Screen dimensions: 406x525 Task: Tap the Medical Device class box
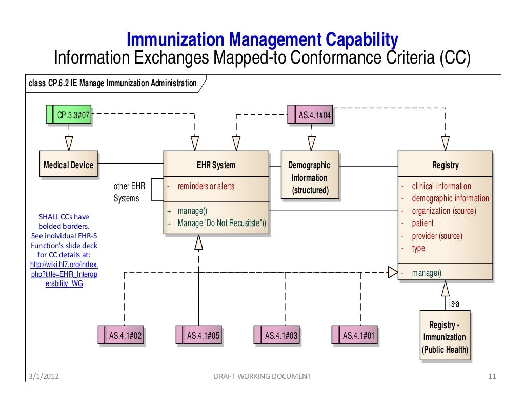click(x=68, y=165)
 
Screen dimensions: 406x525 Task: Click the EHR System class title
click(x=216, y=165)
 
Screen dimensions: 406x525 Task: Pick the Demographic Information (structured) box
click(x=310, y=178)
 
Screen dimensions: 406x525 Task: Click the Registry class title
click(x=445, y=165)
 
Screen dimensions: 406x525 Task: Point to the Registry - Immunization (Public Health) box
click(x=445, y=337)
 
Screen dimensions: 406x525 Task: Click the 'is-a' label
click(x=454, y=303)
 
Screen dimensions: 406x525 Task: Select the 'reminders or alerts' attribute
click(x=206, y=186)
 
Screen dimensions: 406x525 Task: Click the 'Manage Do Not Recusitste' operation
click(x=222, y=224)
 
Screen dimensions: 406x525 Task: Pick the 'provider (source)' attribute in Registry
click(x=437, y=236)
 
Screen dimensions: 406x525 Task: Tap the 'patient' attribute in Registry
click(x=422, y=224)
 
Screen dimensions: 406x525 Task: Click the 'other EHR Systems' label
click(x=127, y=192)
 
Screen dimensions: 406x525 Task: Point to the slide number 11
click(x=492, y=376)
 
